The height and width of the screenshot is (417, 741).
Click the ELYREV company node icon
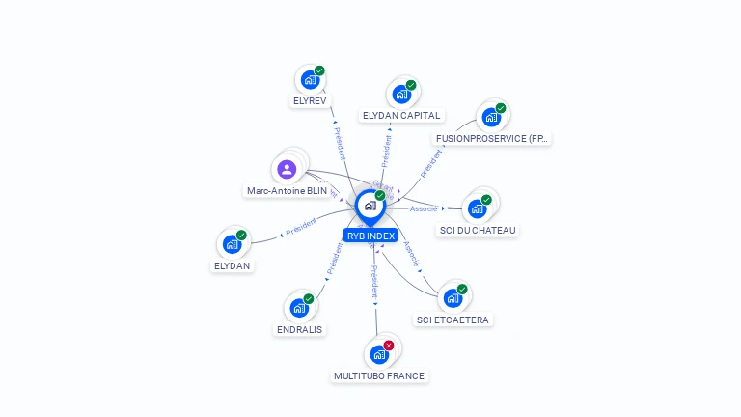coord(310,79)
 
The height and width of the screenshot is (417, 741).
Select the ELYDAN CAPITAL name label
coord(400,115)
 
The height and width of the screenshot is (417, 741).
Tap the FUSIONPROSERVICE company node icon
coord(491,117)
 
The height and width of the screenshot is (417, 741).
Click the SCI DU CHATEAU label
coord(478,231)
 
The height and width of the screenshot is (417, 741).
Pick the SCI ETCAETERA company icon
coord(453,298)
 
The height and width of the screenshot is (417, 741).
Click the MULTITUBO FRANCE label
coord(379,375)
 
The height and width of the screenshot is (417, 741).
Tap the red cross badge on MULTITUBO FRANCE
coord(389,346)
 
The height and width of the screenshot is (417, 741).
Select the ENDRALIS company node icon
coord(298,308)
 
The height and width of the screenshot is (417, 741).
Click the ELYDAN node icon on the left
coord(232,244)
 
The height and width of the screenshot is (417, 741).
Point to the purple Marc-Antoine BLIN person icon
coord(287,169)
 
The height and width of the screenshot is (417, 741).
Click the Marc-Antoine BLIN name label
coord(288,191)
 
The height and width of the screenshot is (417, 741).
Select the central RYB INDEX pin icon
coord(370,206)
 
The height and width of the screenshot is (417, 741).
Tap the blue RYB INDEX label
coord(370,236)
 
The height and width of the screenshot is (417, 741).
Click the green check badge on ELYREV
coord(319,70)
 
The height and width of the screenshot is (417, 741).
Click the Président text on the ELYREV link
coord(340,143)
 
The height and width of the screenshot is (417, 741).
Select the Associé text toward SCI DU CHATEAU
coord(424,208)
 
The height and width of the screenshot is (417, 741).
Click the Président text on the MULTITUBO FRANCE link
coord(374,282)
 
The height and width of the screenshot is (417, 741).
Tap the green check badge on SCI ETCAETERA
coord(462,290)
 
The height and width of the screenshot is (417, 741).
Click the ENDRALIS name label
coord(300,329)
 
